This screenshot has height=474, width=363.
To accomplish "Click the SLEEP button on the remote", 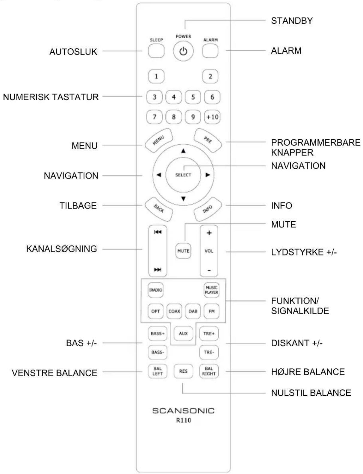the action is tap(156, 51).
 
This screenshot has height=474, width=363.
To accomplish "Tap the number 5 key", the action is tap(193, 97).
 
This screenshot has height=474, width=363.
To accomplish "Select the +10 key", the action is tap(212, 117).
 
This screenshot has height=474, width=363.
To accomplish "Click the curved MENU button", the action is tap(159, 140).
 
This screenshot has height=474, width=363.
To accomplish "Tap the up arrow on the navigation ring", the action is tap(183, 151).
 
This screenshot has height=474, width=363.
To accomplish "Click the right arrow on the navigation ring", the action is tap(208, 175).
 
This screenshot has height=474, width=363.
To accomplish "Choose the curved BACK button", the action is tap(159, 209).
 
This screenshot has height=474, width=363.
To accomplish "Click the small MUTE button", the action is tap(183, 251).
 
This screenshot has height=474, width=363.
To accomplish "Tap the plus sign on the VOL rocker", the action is tap(209, 233).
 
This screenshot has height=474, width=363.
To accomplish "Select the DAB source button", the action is tap(193, 311).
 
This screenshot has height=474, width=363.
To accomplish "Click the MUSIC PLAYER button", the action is tap(211, 290).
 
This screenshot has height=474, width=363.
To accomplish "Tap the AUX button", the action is tap(183, 333).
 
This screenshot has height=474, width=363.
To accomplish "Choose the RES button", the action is tap(183, 371).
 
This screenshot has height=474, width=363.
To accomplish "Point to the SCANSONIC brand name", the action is tap(183, 411).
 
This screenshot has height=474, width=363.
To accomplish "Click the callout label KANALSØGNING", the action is tap(62, 249).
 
